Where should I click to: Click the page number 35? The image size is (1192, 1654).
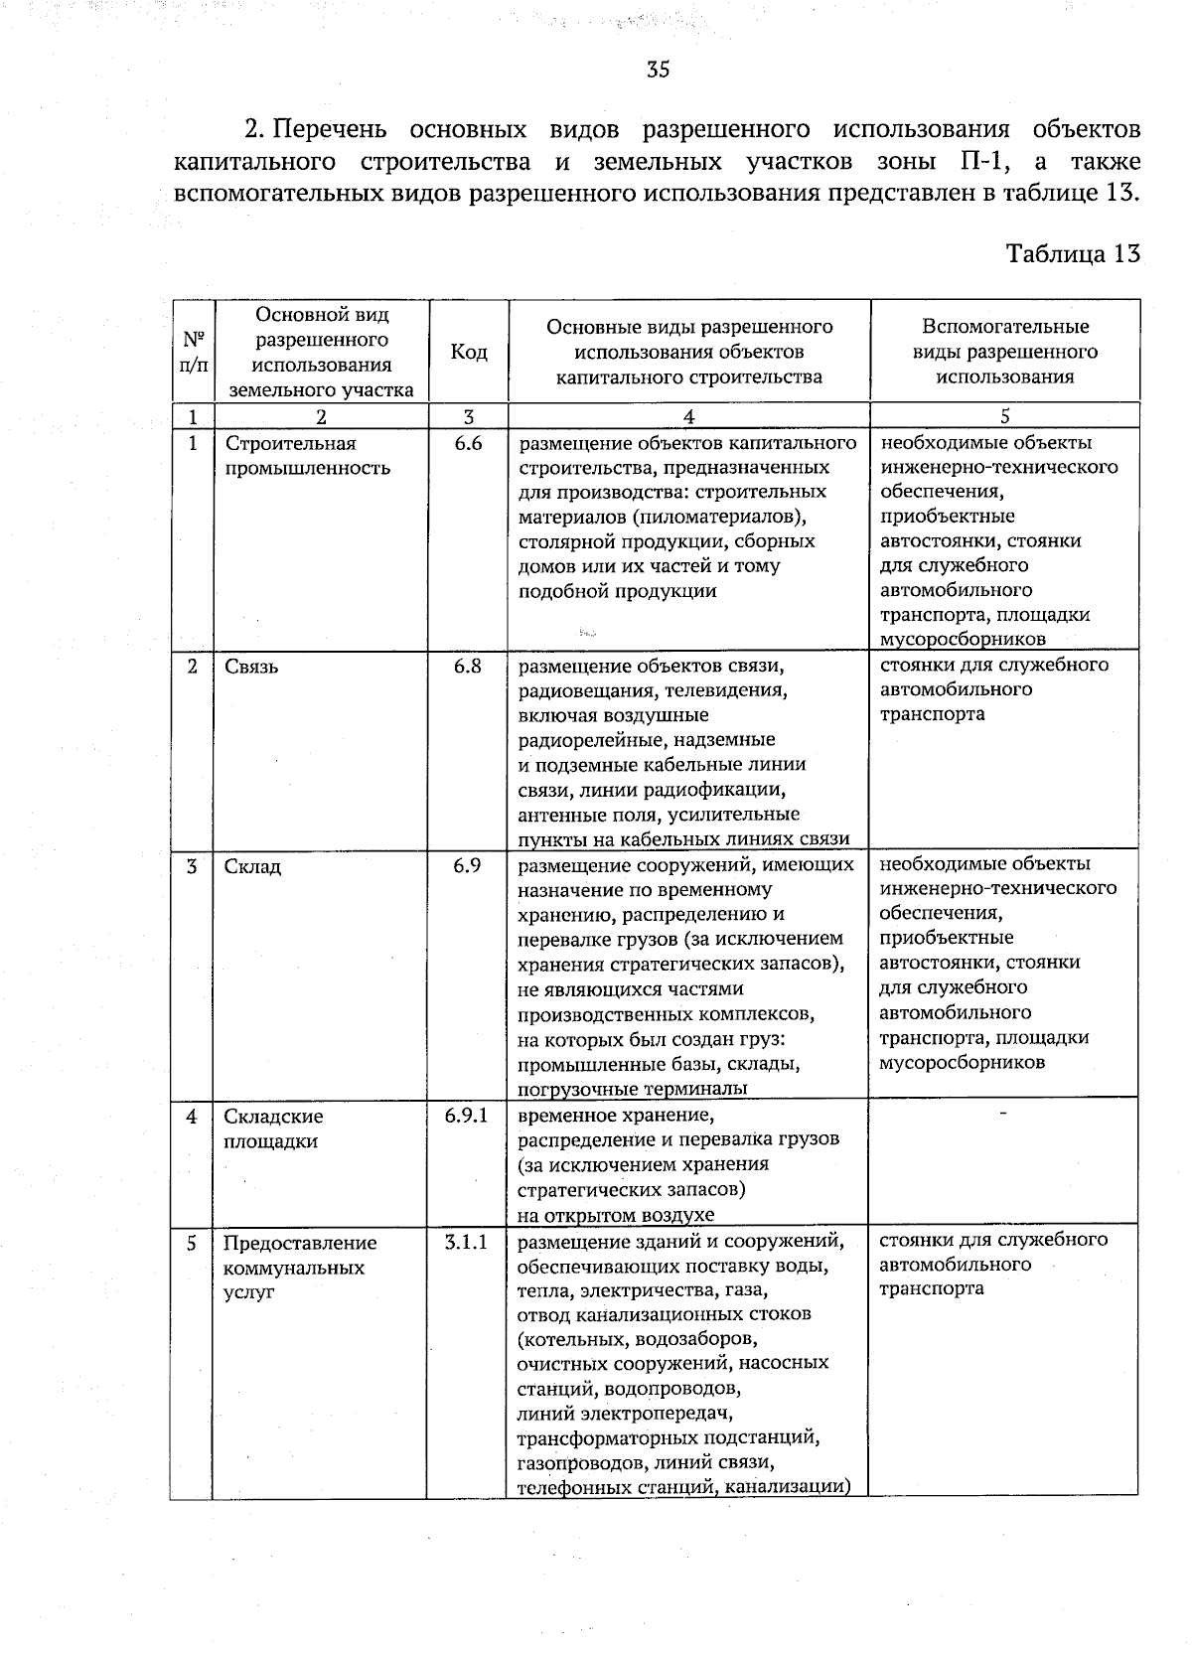(x=658, y=70)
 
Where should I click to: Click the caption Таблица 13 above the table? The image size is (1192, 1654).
(x=1073, y=253)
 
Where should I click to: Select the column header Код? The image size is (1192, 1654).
(x=468, y=352)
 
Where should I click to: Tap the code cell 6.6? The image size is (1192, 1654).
(x=468, y=444)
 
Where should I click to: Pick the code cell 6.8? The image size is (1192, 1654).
(x=468, y=667)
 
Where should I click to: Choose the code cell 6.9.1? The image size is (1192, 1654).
(x=467, y=1116)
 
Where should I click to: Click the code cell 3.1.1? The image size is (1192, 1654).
(x=467, y=1242)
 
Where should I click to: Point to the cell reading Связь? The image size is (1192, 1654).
(x=251, y=667)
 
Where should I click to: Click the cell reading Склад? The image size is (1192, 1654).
(x=252, y=867)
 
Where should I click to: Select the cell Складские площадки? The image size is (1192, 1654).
(x=273, y=1128)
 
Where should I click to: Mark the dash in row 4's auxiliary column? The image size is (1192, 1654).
(x=1003, y=1114)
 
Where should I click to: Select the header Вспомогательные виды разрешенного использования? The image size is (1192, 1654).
(x=1004, y=352)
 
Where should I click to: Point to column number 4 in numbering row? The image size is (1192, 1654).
(x=688, y=417)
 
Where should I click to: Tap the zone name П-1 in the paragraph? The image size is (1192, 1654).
(x=983, y=161)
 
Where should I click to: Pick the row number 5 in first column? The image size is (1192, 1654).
(x=191, y=1243)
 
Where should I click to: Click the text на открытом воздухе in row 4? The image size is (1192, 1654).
(x=616, y=1214)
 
